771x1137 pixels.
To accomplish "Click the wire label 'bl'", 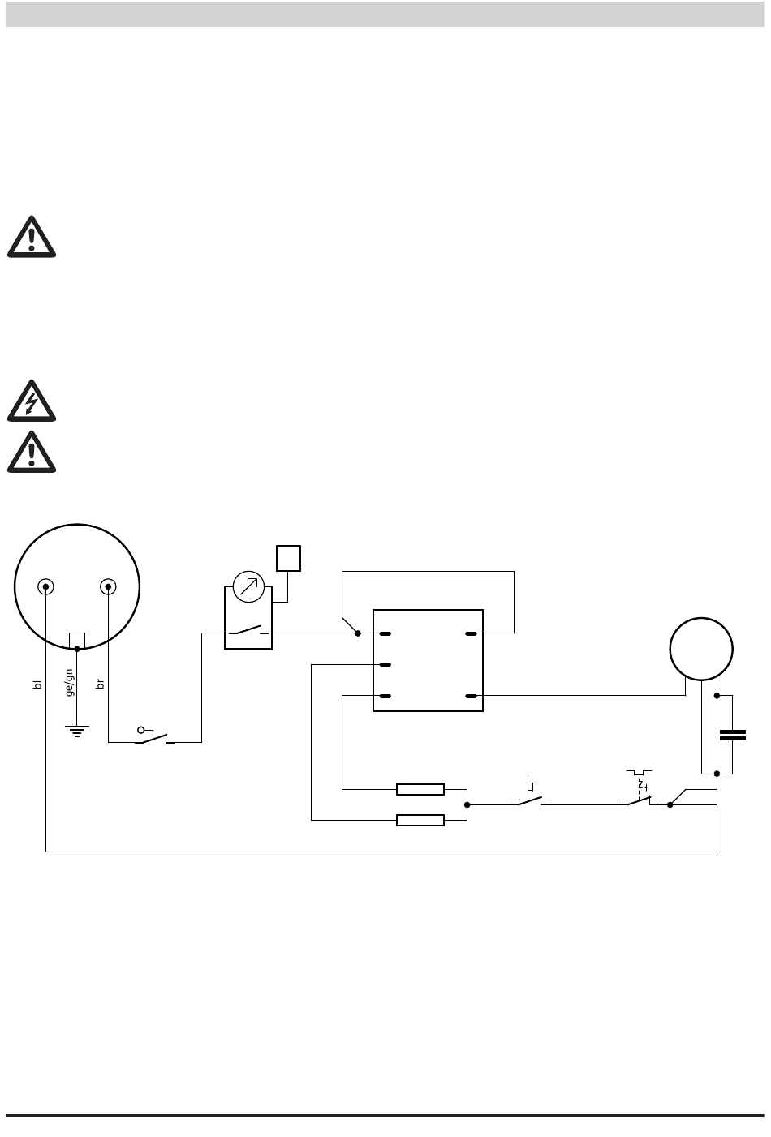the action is coord(37,684).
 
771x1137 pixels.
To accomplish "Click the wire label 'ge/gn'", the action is coord(70,683).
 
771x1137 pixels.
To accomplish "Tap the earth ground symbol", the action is coord(76,732).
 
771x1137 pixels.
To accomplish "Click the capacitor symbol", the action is coord(732,735).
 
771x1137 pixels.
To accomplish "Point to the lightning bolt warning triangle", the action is coord(32,401).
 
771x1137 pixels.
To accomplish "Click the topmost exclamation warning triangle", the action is coord(32,237).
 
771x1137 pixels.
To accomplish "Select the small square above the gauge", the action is coord(288,558).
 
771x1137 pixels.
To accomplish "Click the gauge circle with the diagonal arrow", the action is coord(248,587).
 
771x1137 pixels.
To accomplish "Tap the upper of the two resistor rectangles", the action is coord(420,789).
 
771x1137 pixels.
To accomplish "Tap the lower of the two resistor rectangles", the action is coord(420,820).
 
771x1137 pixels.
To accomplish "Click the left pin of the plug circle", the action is coord(45,587).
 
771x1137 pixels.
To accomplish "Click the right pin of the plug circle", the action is coord(108,587).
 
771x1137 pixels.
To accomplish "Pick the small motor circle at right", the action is coord(701,649).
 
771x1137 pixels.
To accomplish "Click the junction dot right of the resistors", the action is coord(467,804).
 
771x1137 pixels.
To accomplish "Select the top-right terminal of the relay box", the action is coord(472,633).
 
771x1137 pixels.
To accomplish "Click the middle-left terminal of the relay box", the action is coord(385,664).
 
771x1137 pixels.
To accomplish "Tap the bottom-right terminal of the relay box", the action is coord(472,696).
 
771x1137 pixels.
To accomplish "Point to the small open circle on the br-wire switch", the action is coord(141,731).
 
